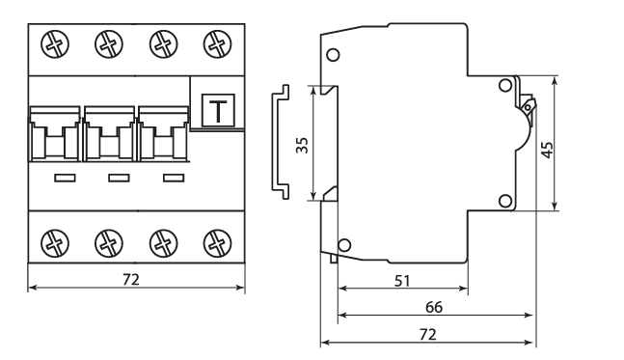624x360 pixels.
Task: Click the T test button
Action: click(218, 110)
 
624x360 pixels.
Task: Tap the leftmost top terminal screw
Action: click(55, 43)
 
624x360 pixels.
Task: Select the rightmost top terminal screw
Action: click(217, 43)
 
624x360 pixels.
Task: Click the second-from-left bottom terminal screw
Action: click(109, 243)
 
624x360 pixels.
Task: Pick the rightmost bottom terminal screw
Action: click(217, 243)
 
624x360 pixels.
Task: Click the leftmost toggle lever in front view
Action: click(55, 134)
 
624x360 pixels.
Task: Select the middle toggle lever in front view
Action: click(109, 134)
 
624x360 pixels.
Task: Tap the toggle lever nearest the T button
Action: click(163, 134)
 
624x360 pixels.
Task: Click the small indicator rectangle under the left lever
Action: click(66, 178)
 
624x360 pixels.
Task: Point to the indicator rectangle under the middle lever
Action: click(119, 178)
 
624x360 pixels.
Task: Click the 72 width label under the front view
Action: click(131, 280)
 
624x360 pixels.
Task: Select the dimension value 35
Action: click(303, 145)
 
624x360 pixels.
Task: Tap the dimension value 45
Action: click(548, 150)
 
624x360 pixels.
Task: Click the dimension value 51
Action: click(402, 281)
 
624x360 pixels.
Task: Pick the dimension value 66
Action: click(434, 307)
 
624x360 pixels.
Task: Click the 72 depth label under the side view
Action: click(428, 335)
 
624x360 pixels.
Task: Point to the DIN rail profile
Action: click(281, 142)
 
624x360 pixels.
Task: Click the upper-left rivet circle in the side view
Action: click(333, 55)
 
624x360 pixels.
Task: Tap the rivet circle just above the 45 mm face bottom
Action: click(505, 201)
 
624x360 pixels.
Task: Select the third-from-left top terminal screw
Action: click(163, 43)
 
